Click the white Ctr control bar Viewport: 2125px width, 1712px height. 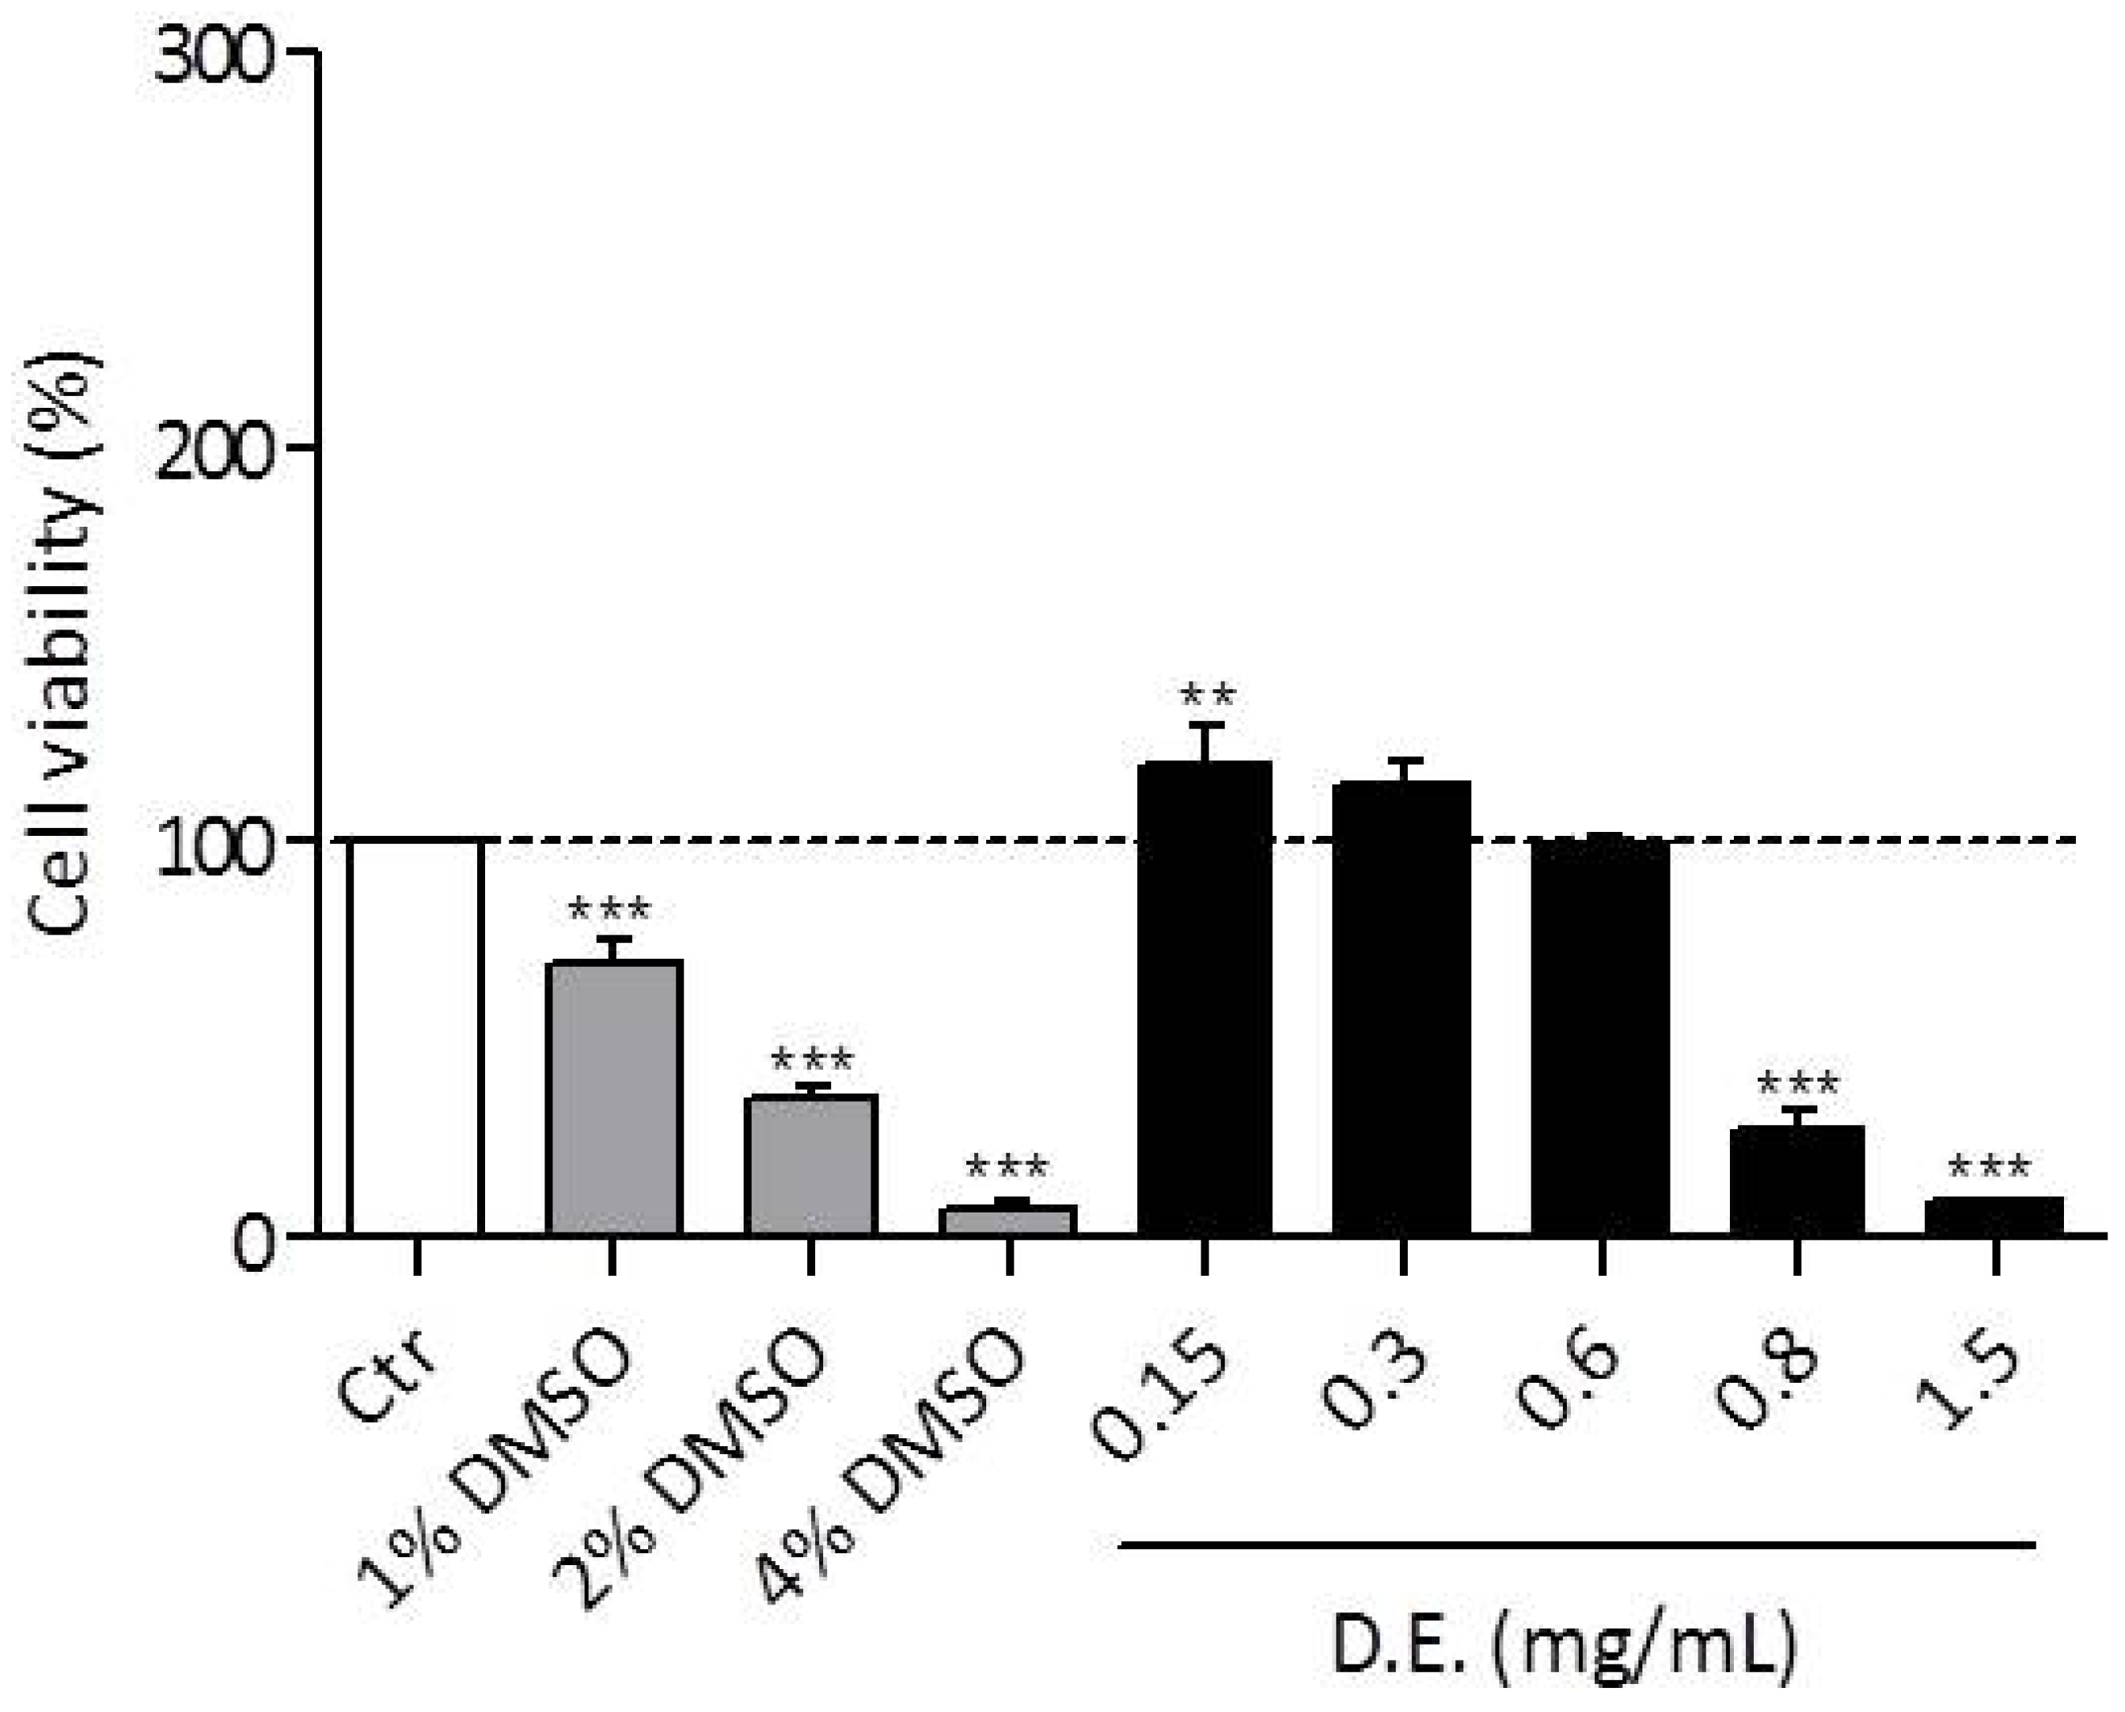(414, 1036)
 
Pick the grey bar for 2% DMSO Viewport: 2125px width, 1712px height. (810, 1164)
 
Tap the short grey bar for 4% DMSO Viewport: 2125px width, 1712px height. (1008, 1220)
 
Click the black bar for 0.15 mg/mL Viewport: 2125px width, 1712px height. (1205, 996)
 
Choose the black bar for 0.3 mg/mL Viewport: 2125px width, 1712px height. (1402, 1006)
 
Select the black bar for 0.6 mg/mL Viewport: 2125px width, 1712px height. (1600, 1036)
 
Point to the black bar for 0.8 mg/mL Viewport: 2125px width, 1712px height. (1797, 1179)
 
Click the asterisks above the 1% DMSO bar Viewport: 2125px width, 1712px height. (610, 908)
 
